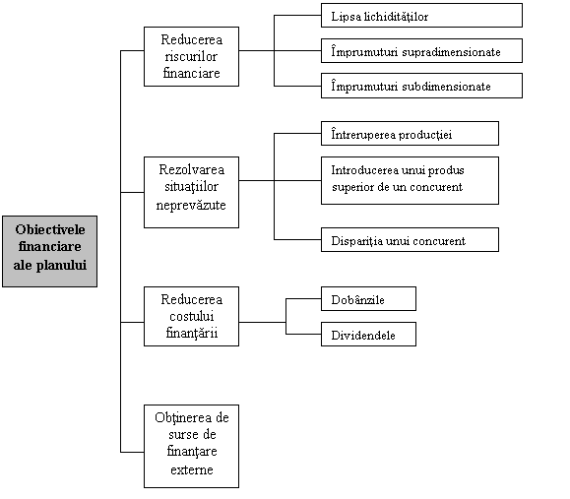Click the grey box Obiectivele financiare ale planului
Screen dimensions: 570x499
point(50,252)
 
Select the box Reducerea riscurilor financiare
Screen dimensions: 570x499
point(191,56)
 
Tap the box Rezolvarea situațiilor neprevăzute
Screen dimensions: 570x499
point(191,192)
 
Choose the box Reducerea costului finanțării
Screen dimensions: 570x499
point(191,316)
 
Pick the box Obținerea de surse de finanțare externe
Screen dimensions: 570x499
point(191,446)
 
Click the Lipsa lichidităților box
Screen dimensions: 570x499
point(421,16)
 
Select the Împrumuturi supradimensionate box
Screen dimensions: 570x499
point(421,50)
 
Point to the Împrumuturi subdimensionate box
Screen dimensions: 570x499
point(421,86)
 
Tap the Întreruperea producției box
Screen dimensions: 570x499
point(410,134)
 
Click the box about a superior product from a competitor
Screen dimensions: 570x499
point(410,181)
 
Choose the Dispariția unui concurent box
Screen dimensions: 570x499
point(410,239)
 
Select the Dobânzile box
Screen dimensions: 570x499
point(368,299)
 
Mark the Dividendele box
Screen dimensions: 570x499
point(368,334)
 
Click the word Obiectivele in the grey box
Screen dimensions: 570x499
point(50,229)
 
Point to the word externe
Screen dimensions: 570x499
point(192,469)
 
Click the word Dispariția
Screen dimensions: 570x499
point(357,241)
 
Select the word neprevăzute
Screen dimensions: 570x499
point(191,206)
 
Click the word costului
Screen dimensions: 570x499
point(192,316)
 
